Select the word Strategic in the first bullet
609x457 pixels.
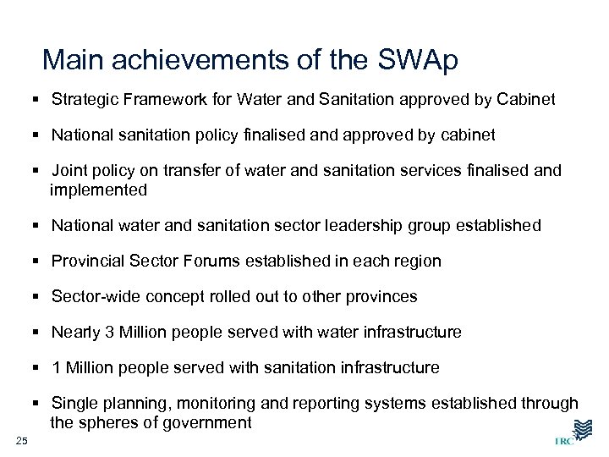(85, 100)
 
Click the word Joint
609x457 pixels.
(70, 171)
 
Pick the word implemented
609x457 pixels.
(98, 190)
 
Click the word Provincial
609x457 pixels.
(89, 262)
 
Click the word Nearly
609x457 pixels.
(76, 333)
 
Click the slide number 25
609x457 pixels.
(22, 438)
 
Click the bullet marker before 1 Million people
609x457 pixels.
(39, 368)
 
